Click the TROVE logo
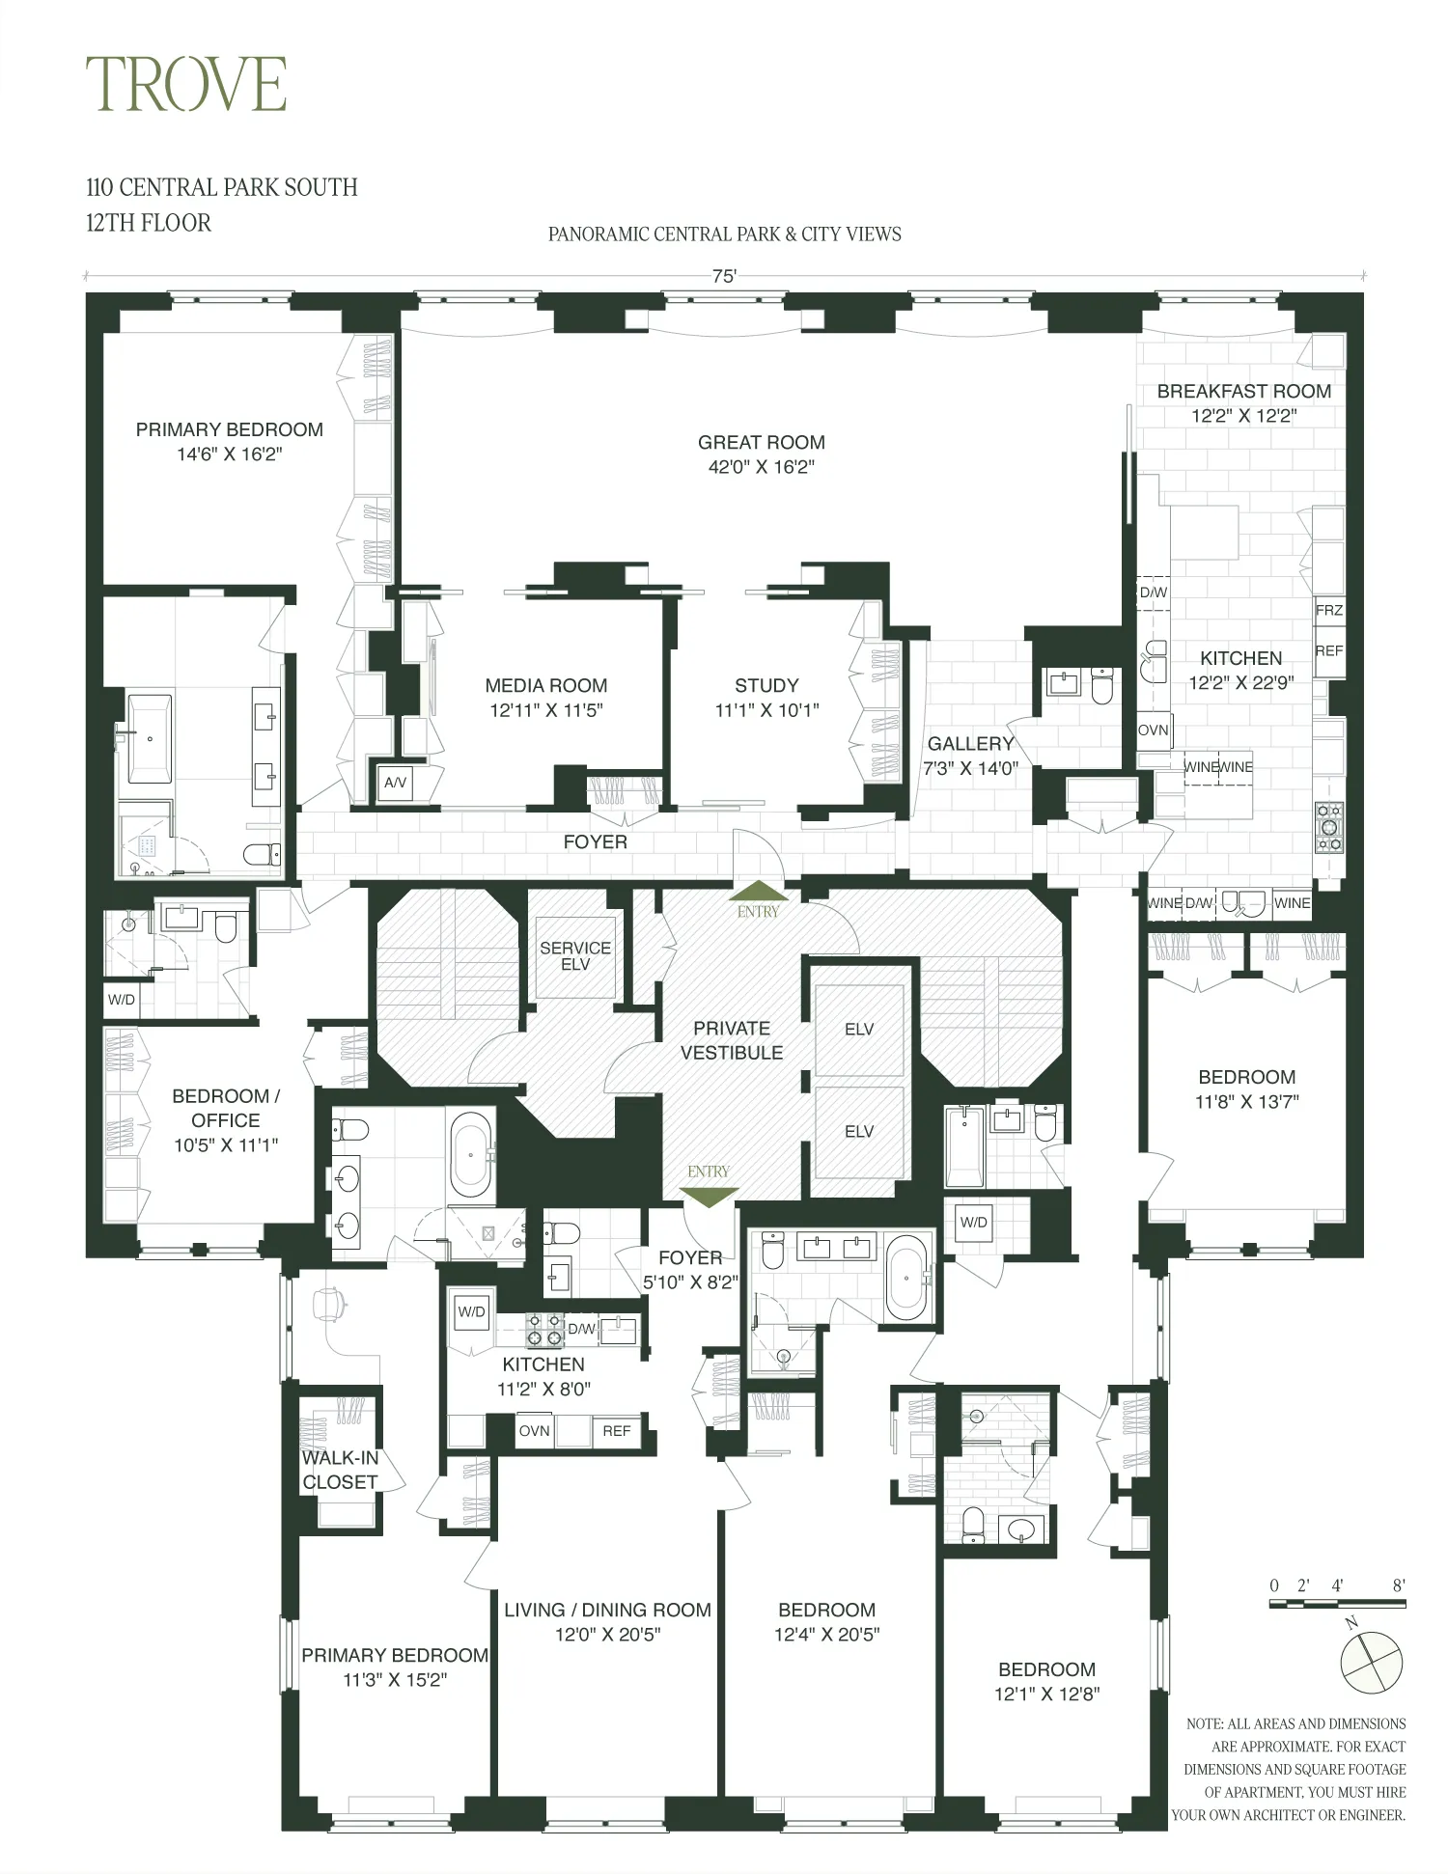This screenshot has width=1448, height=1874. pyautogui.click(x=186, y=84)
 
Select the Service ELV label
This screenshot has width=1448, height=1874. pyautogui.click(x=575, y=955)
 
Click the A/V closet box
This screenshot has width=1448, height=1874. pyautogui.click(x=395, y=783)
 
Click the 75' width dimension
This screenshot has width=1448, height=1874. pyautogui.click(x=724, y=276)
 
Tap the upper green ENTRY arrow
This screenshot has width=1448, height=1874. pyautogui.click(x=758, y=892)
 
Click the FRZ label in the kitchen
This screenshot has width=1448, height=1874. pyautogui.click(x=1328, y=610)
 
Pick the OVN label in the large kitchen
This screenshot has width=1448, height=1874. pyautogui.click(x=1153, y=730)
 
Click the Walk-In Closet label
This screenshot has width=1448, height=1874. pyautogui.click(x=340, y=1470)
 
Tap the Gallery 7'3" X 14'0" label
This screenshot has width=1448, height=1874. pyautogui.click(x=970, y=756)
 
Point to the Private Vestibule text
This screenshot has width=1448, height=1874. pyautogui.click(x=732, y=1040)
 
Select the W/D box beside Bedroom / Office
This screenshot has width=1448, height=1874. pyautogui.click(x=122, y=1000)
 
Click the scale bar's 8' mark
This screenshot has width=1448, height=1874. pyautogui.click(x=1399, y=1585)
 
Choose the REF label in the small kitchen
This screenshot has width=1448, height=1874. pyautogui.click(x=616, y=1430)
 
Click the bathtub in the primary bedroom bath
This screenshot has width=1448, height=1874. pyautogui.click(x=150, y=739)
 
